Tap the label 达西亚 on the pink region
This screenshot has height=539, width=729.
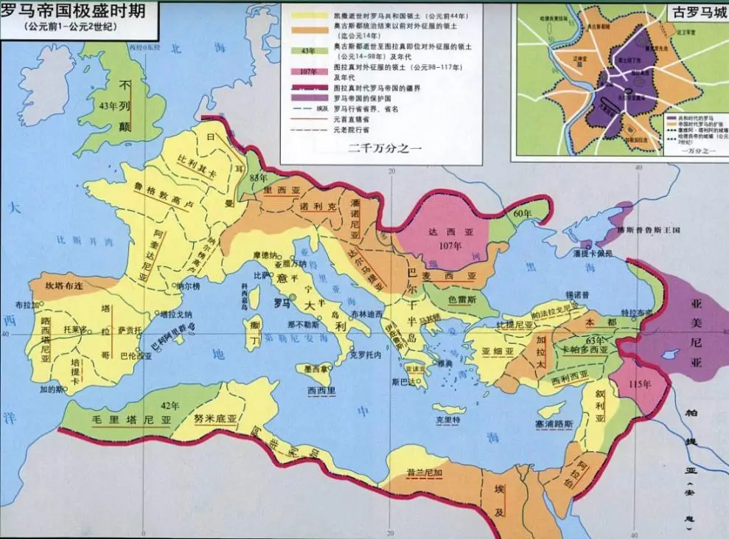[443, 231]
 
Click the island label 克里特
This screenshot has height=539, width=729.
[447, 419]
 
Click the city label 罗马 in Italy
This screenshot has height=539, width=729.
[282, 302]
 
